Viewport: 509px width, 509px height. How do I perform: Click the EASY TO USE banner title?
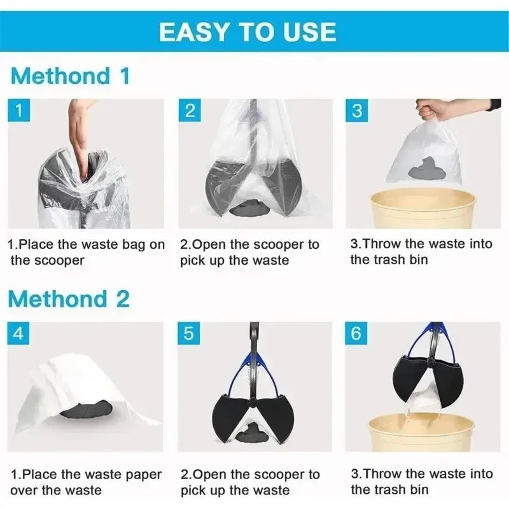pos(248,31)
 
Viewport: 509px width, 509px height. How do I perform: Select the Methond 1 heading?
pos(71,76)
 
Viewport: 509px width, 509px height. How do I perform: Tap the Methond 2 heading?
pos(71,298)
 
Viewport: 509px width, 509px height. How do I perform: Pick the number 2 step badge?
pos(190,111)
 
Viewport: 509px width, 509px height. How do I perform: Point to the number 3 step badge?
pos(357,111)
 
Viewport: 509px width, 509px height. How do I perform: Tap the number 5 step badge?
pos(190,333)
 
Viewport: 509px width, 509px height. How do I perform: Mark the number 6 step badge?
pos(357,333)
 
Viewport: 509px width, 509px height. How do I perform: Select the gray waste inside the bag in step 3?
pos(427,167)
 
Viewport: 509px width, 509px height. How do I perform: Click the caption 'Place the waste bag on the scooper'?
pos(85,252)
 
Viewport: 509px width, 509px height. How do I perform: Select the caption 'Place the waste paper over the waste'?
pos(85,482)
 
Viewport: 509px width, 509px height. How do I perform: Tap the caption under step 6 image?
pos(421,481)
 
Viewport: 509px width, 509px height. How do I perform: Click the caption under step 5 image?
pos(250,482)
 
